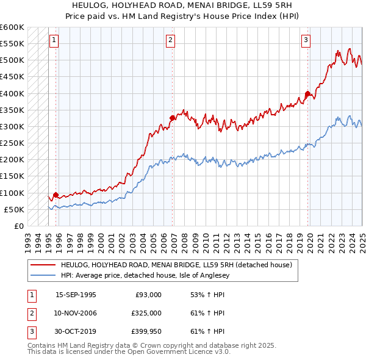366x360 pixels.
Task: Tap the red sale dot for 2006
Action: click(173, 118)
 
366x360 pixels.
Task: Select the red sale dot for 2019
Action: click(307, 94)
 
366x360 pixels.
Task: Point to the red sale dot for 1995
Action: click(56, 195)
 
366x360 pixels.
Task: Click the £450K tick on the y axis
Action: click(12, 77)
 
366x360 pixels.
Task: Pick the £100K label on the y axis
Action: click(12, 193)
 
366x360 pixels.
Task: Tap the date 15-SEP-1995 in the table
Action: click(76, 295)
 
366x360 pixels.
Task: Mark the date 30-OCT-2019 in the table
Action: click(76, 331)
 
